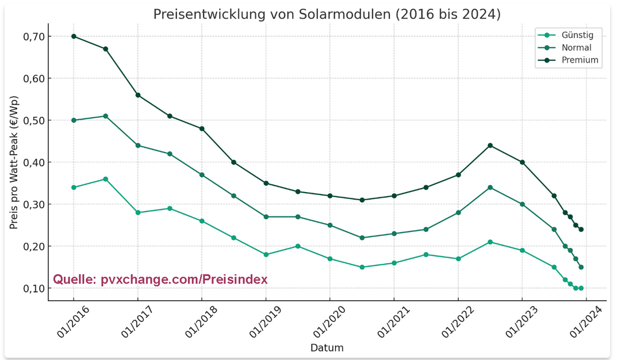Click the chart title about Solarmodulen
coord(327,14)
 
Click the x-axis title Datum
coord(327,348)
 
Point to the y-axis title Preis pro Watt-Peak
coord(14,163)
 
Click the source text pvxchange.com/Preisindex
coord(160,279)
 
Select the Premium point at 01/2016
coord(74,36)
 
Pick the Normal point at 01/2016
coord(74,120)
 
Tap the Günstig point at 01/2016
coord(74,187)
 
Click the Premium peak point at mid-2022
coord(490,145)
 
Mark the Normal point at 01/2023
coord(522,204)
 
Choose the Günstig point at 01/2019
coord(266,255)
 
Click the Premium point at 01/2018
coord(202,129)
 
